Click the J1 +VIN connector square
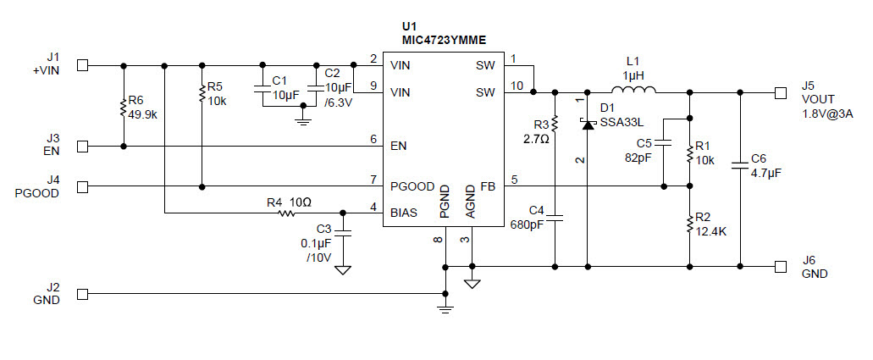click(83, 64)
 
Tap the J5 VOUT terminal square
click(780, 91)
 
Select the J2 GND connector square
click(83, 295)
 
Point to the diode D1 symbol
click(587, 124)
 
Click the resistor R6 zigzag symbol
click(124, 108)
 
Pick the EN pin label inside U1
click(398, 146)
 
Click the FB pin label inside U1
click(487, 186)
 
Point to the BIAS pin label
click(403, 213)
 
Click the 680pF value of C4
click(526, 225)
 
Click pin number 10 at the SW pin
click(517, 84)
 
